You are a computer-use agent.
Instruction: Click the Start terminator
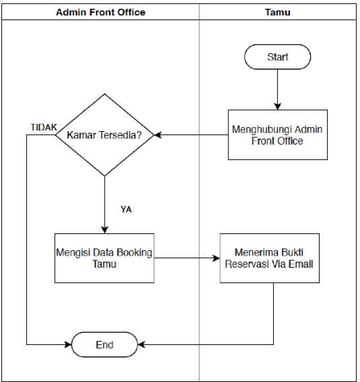click(277, 56)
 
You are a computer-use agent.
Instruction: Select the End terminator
click(104, 344)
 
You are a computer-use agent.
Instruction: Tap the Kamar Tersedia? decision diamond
click(104, 135)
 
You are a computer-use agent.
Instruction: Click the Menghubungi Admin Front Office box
click(278, 135)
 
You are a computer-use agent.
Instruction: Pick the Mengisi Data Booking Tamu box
click(104, 258)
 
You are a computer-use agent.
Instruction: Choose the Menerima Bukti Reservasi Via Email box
click(270, 258)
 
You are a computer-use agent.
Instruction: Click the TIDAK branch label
click(44, 127)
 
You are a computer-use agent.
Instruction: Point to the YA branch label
click(126, 209)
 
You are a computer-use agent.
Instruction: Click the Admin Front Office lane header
click(101, 12)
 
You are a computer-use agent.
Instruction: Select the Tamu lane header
click(278, 12)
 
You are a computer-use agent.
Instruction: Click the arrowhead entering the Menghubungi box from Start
click(277, 106)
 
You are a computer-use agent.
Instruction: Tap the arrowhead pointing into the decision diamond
click(157, 135)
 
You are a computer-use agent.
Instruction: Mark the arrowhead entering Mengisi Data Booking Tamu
click(104, 230)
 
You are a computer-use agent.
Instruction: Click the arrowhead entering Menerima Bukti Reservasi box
click(217, 258)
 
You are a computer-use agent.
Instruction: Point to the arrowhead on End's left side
click(68, 344)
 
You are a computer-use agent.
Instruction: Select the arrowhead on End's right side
click(141, 344)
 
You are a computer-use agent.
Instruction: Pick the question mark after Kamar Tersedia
click(139, 135)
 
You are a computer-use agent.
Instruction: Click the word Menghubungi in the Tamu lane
click(261, 130)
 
